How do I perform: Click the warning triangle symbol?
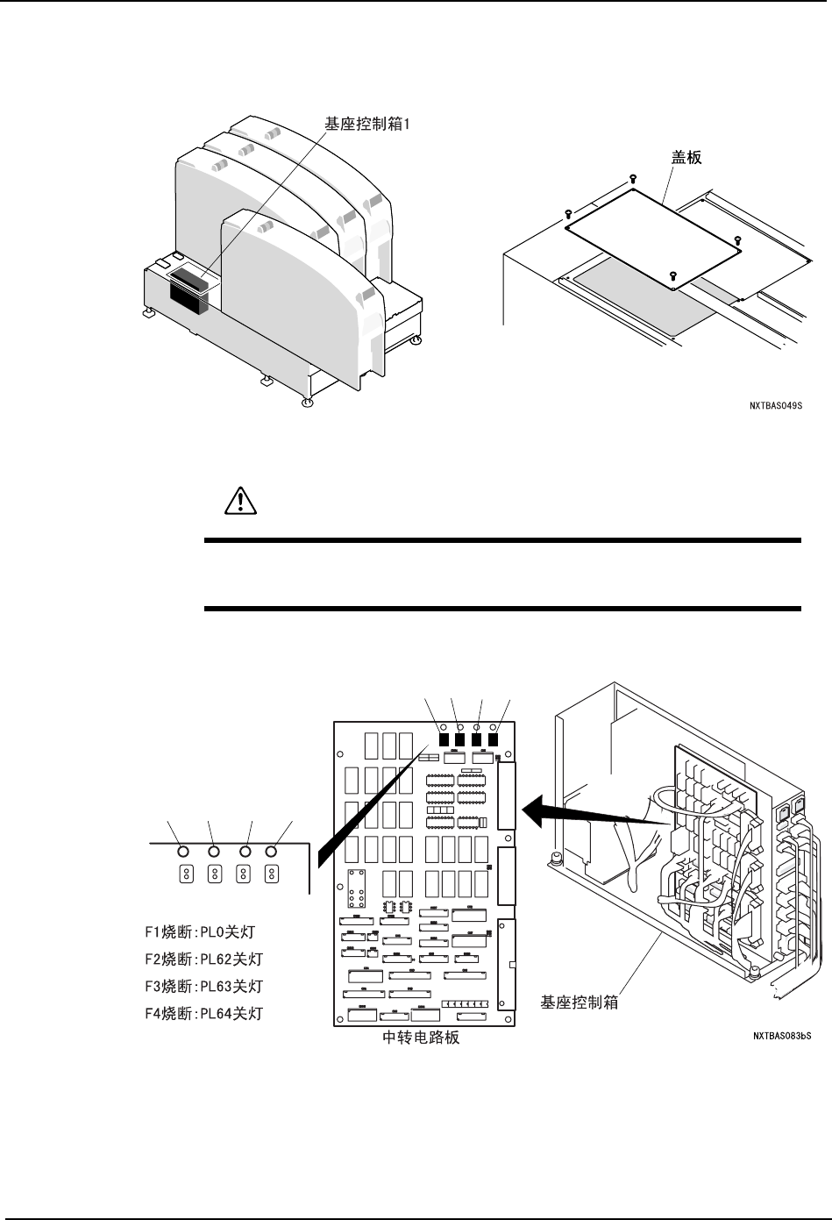click(x=238, y=500)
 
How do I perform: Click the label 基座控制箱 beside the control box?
click(x=580, y=1002)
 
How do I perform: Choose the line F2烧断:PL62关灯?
click(x=203, y=959)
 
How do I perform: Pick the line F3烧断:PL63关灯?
click(x=203, y=986)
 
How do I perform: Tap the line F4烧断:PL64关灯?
click(x=203, y=1014)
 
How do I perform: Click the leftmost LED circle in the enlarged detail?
click(x=182, y=851)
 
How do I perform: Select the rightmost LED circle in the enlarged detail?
click(x=272, y=851)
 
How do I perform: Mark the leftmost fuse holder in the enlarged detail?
click(x=186, y=874)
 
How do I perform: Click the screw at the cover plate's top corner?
click(x=633, y=179)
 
